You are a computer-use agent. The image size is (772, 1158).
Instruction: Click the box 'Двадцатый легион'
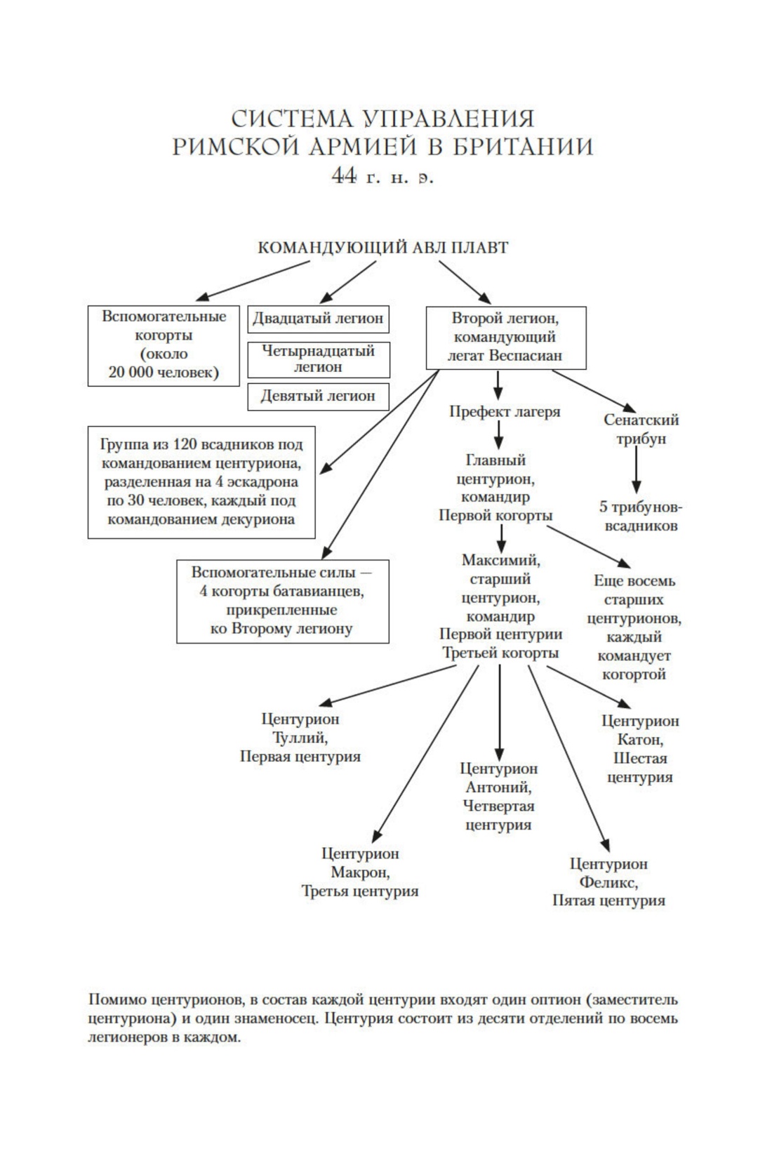[x=318, y=319]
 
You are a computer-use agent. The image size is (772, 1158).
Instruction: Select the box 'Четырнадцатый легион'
[x=318, y=359]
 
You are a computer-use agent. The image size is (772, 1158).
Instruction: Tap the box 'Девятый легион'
[x=318, y=396]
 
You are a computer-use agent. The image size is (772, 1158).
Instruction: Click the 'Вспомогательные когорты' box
[x=164, y=345]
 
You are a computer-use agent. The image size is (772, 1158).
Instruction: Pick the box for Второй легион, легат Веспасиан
[x=505, y=337]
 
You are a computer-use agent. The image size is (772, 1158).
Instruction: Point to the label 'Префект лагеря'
[x=505, y=412]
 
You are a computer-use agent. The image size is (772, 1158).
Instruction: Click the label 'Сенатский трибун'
[x=641, y=430]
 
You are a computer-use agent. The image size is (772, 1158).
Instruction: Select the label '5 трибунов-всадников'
[x=641, y=517]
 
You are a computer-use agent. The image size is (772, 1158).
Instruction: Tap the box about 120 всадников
[x=201, y=482]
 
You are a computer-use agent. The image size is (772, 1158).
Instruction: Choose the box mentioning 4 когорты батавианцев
[x=282, y=601]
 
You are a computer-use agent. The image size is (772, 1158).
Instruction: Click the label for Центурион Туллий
[x=300, y=738]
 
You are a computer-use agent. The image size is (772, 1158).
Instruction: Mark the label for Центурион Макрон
[x=360, y=872]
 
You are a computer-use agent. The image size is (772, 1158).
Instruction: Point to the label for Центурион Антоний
[x=499, y=797]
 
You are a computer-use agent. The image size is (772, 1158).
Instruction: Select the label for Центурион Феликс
[x=608, y=882]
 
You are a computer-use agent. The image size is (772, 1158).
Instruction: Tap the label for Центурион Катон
[x=640, y=749]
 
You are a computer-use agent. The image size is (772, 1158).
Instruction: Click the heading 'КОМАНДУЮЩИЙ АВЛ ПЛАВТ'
[x=383, y=248]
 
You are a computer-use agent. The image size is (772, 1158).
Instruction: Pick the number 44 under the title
[x=344, y=176]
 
